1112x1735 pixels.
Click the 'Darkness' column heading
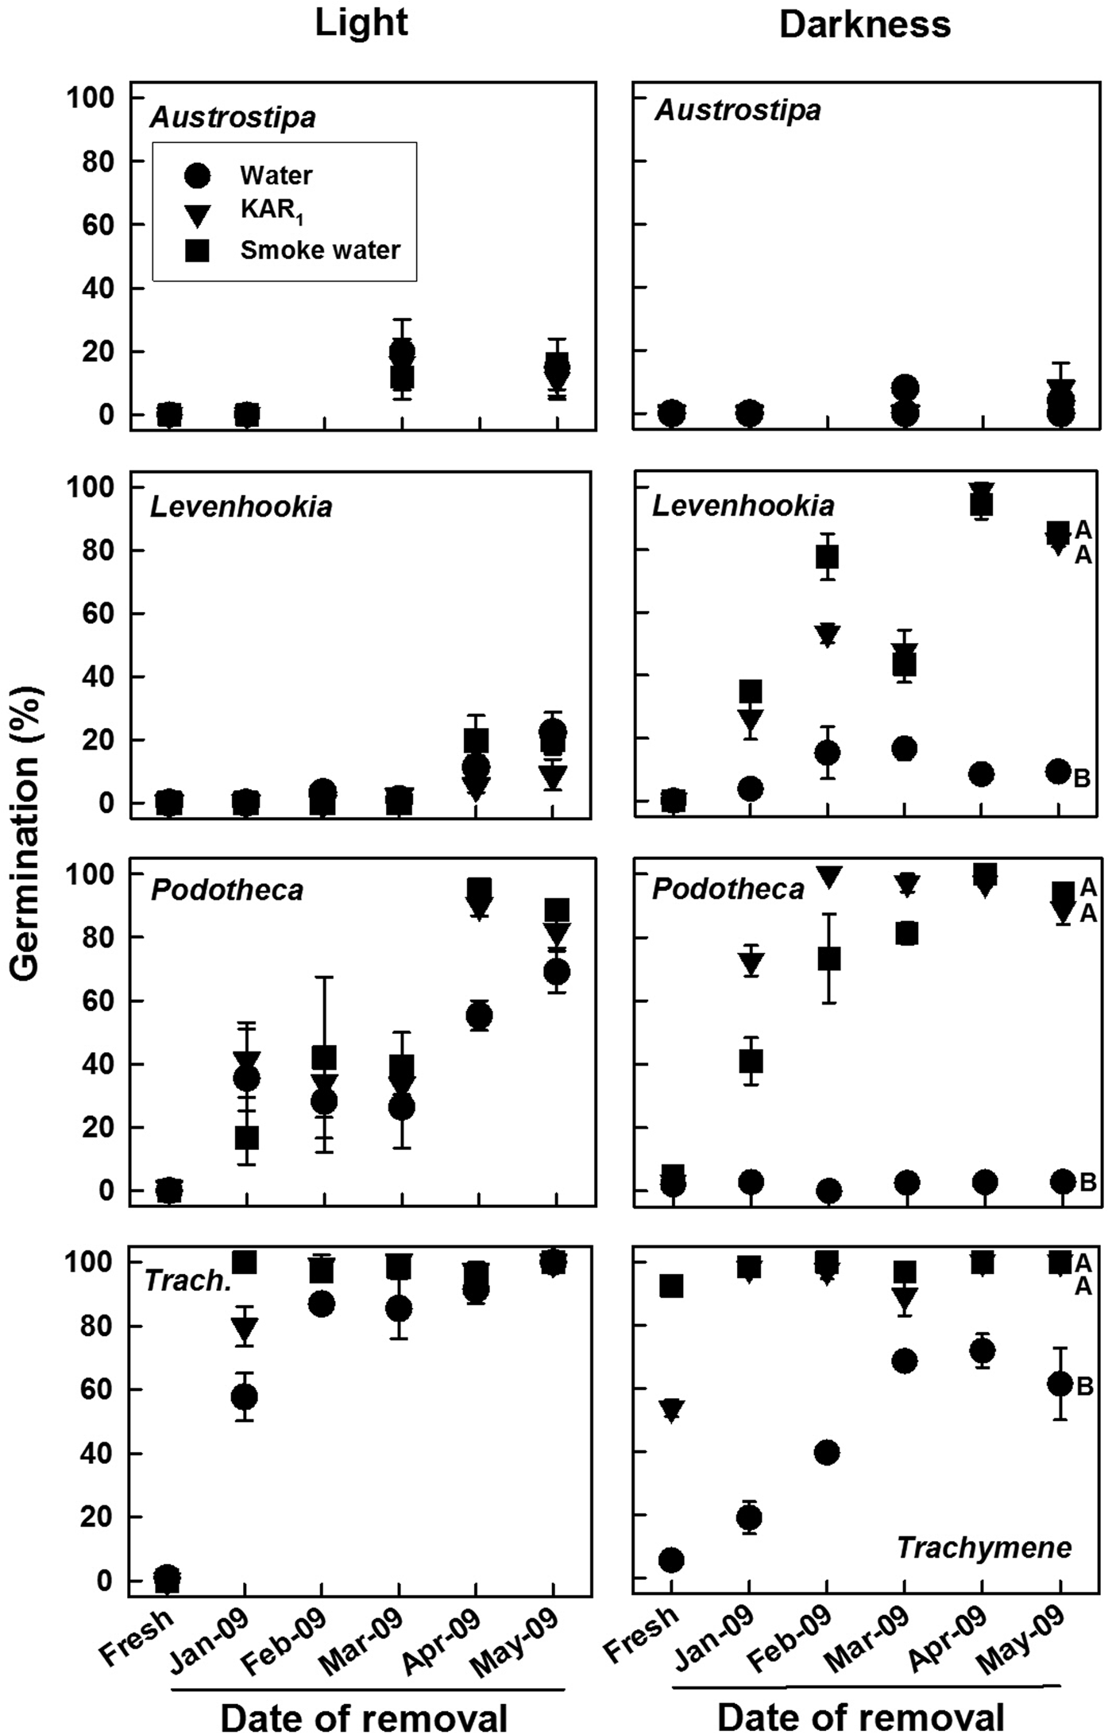tap(865, 25)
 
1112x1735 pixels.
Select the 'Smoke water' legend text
tap(320, 250)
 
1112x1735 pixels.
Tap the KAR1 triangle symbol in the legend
tap(196, 215)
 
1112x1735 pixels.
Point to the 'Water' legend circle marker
tap(196, 176)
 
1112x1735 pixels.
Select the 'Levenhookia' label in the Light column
tap(241, 507)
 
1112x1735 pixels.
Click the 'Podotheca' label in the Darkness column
tap(728, 889)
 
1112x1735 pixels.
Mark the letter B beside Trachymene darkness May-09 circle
tap(1085, 1386)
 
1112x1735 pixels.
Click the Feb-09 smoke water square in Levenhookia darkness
tap(827, 556)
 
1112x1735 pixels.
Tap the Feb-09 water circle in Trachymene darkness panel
tap(827, 1453)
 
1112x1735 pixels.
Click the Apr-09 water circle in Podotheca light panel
tap(479, 1015)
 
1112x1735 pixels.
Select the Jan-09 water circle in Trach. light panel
tap(245, 1396)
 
